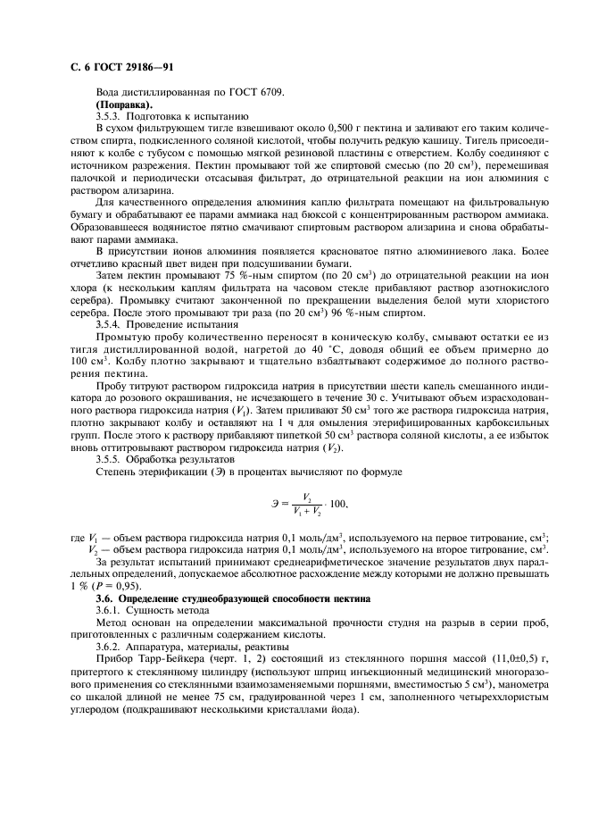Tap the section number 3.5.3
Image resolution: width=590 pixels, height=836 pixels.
[109, 117]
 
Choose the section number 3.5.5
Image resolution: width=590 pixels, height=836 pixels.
[109, 459]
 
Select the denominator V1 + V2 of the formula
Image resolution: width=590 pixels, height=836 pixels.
[306, 513]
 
